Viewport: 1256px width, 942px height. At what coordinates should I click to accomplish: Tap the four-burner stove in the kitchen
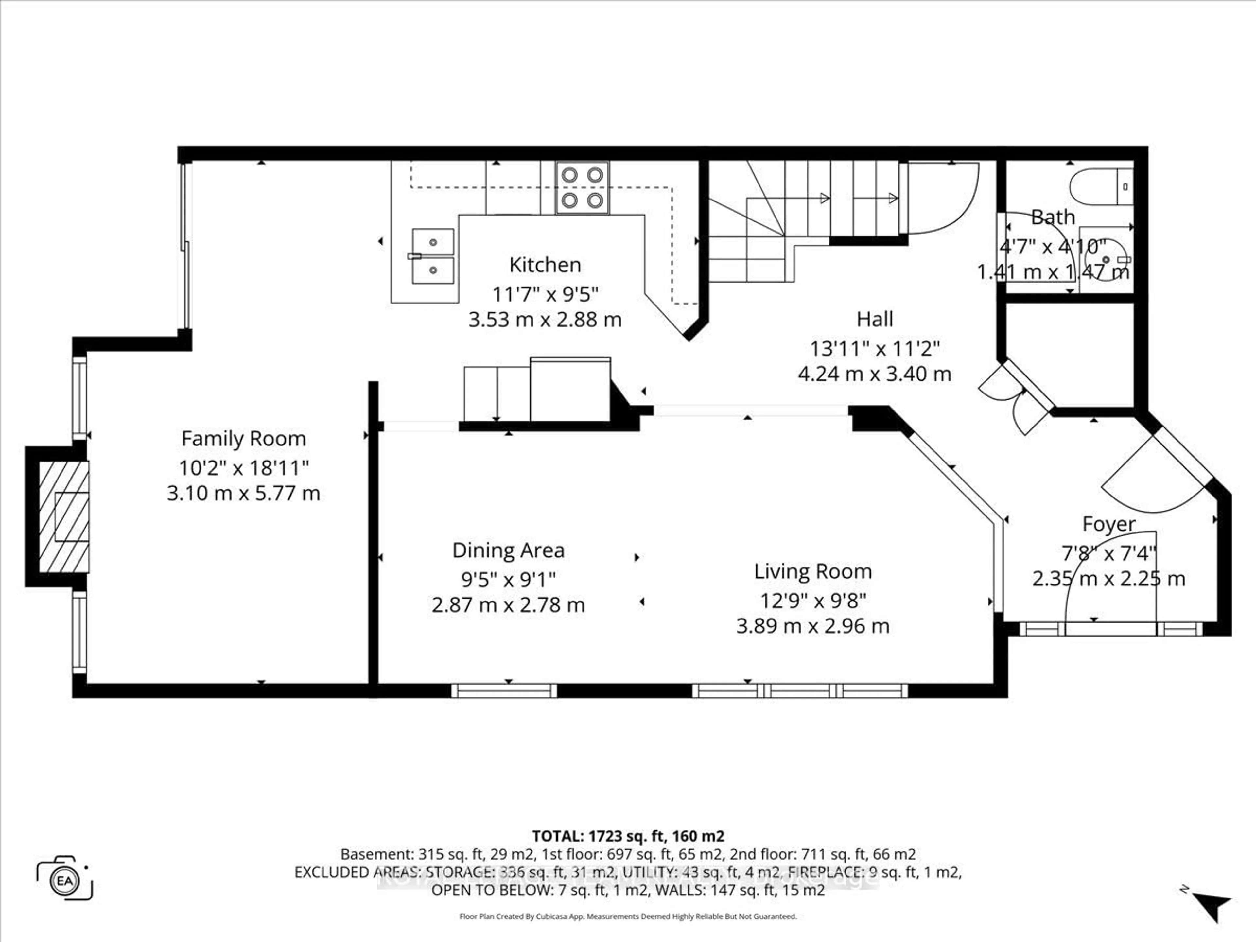(582, 187)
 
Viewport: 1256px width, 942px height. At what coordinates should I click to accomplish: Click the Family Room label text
(244, 438)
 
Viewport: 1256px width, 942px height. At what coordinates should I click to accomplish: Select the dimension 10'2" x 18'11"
(244, 468)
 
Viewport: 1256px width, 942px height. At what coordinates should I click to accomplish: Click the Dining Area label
(508, 550)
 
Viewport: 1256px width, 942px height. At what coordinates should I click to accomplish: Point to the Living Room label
(812, 571)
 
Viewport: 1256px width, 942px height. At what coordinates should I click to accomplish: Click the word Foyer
(1108, 524)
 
